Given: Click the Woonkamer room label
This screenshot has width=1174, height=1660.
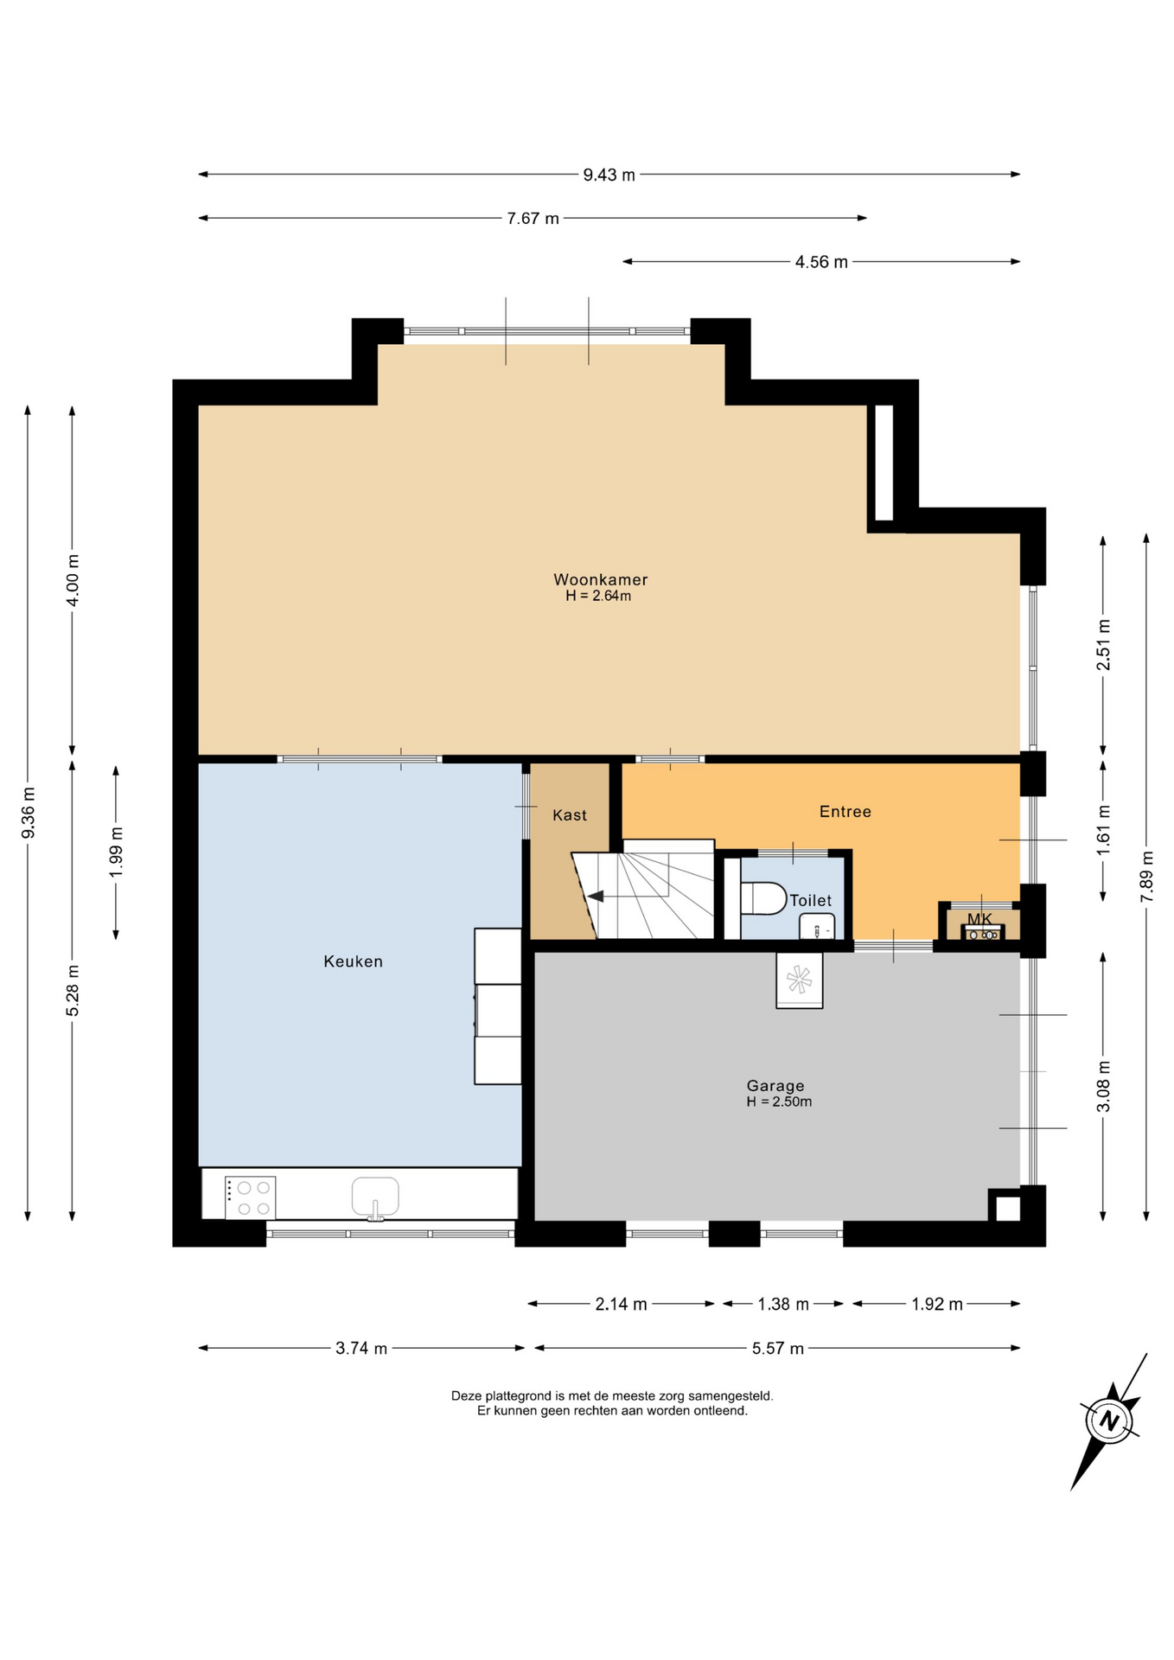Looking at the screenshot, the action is coord(600,579).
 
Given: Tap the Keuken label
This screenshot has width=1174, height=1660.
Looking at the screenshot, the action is coord(353,961).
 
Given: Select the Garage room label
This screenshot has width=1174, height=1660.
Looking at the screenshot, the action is coord(775,1086).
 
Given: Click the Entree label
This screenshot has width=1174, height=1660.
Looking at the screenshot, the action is coord(845,812).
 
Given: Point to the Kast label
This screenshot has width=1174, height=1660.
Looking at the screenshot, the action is coord(570,815).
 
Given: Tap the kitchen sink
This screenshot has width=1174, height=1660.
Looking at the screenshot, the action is coord(375,1197).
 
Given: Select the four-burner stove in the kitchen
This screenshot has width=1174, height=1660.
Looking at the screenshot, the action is coord(251,1197).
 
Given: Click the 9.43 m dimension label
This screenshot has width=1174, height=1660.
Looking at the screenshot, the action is coord(609,175).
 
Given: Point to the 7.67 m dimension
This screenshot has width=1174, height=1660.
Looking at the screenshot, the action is coord(533,219).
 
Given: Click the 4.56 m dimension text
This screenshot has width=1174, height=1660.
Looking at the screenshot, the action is coord(821,262).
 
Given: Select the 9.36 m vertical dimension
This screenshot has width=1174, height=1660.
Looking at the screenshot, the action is coord(29,813).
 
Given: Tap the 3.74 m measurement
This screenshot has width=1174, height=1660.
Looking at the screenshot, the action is coord(361,1348).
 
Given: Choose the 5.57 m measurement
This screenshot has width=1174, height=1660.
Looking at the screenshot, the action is coord(778,1348).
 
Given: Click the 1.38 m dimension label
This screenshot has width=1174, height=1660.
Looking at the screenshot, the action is coord(783,1304).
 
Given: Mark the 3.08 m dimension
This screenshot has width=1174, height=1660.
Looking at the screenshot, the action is coord(1103,1087).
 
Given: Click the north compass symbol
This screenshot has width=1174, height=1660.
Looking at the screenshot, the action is coord(1109,1421).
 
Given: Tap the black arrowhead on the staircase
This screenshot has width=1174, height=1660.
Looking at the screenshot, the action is coord(596,897).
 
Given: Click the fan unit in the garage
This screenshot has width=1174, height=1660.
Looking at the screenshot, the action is coord(799,980).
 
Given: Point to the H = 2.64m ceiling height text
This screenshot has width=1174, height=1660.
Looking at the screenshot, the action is coord(598,596).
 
